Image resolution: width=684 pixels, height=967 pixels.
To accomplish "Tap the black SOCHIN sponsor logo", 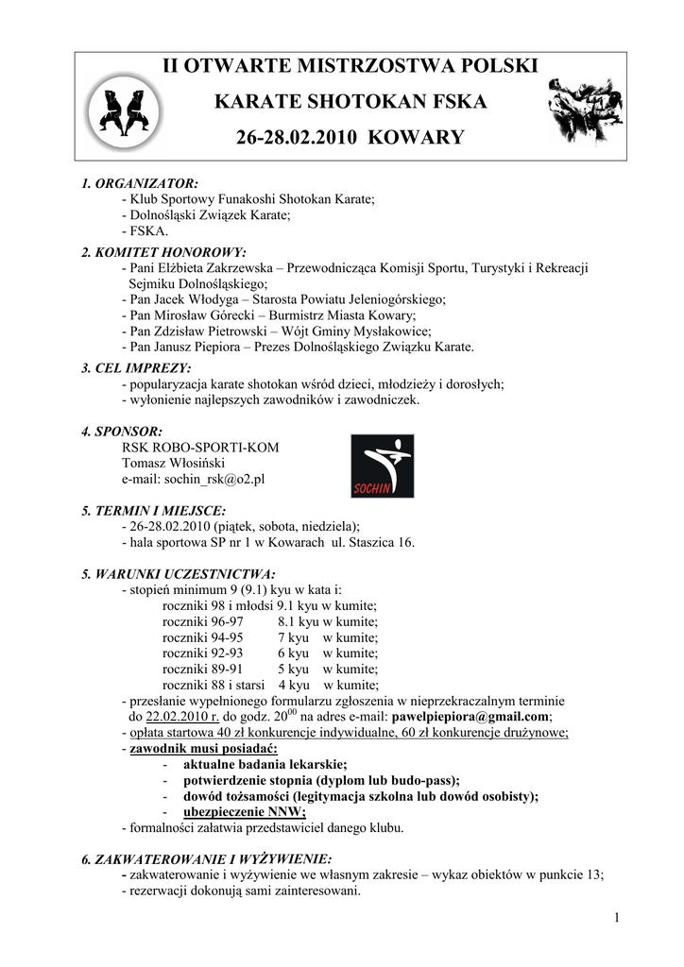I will point(382,466).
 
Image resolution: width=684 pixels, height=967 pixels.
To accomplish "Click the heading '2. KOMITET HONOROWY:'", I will point(163,252).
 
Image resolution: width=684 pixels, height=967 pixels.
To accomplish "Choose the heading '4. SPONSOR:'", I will point(122,432).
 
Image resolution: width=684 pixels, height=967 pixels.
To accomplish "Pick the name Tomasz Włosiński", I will point(173,464).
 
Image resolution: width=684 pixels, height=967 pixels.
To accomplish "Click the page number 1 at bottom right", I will point(616,918).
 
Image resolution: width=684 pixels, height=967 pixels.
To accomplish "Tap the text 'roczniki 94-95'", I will point(202,637).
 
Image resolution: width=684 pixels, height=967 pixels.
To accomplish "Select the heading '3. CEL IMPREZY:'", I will point(136,368).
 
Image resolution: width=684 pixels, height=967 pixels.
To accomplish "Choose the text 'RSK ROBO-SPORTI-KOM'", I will point(200,448).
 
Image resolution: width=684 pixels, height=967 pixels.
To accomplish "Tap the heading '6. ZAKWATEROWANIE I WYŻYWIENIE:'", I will point(207,859).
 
